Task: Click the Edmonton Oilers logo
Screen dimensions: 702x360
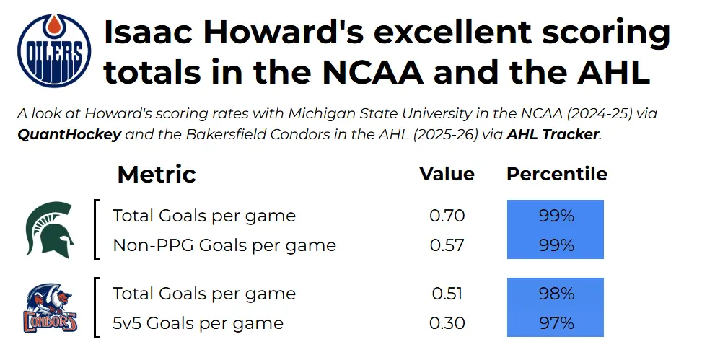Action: pos(54,51)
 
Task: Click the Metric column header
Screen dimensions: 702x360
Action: pos(157,174)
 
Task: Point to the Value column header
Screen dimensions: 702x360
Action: pos(447,174)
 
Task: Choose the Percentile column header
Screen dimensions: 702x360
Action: pos(557,174)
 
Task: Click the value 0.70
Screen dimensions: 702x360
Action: pos(447,216)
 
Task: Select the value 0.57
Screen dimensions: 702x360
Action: pos(447,245)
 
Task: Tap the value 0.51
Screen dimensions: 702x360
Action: pos(447,294)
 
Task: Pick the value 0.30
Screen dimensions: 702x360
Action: pos(447,323)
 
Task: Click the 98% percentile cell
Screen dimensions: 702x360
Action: pos(556,293)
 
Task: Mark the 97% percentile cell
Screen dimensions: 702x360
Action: pos(556,322)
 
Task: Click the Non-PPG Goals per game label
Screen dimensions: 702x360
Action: pos(224,246)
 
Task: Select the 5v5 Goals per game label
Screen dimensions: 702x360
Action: pos(198,323)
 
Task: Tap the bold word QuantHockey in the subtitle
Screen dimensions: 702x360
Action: pos(69,134)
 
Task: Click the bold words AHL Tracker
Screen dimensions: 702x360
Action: pos(553,134)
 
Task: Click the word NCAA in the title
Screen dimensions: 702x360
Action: pos(373,72)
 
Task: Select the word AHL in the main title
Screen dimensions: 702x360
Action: pos(614,72)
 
